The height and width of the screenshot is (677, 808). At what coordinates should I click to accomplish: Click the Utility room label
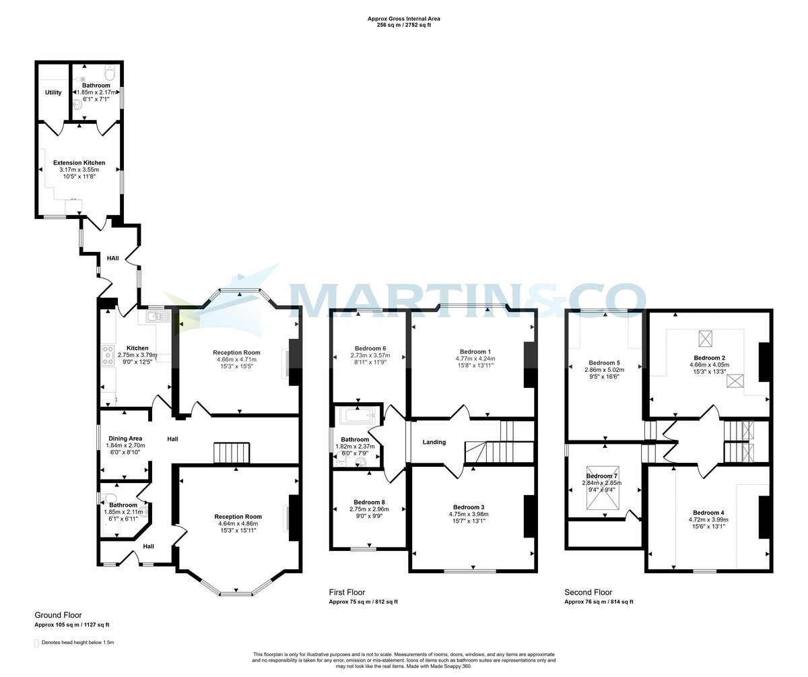click(53, 92)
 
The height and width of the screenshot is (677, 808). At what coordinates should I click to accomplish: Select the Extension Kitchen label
click(79, 163)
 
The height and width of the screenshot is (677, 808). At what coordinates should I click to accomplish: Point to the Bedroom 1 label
click(475, 352)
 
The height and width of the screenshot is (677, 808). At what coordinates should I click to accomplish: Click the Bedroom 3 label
click(469, 507)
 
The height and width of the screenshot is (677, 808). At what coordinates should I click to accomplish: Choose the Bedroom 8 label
click(370, 502)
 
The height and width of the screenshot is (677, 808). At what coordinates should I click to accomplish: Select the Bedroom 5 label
click(603, 362)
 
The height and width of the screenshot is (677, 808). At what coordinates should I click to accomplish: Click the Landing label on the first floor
click(434, 443)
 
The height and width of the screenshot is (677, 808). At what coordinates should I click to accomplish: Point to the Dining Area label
click(125, 439)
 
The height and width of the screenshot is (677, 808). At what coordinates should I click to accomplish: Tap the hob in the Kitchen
click(108, 355)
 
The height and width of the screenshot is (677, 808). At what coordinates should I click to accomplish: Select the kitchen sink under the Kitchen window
click(159, 316)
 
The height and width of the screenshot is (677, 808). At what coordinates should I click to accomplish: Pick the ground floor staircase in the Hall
click(232, 453)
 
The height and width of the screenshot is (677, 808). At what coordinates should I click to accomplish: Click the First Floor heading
click(347, 592)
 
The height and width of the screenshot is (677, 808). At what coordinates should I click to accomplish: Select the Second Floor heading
click(588, 592)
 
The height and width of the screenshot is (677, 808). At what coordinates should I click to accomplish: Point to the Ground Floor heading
click(58, 615)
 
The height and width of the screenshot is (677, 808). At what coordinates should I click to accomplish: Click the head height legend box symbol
click(36, 643)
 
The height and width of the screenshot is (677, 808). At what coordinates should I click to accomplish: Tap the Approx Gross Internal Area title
click(403, 19)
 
